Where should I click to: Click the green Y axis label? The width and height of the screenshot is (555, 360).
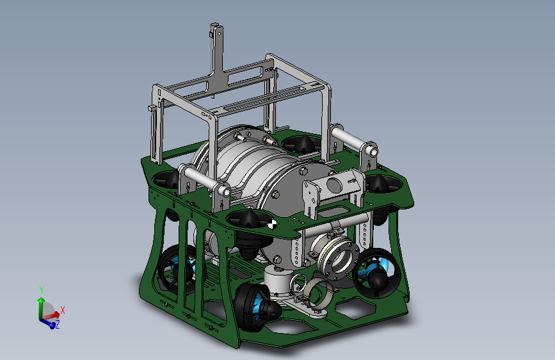coord(42,290)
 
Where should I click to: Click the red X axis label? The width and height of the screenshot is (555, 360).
coord(63,311)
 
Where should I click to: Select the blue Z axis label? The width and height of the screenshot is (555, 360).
coord(58,324)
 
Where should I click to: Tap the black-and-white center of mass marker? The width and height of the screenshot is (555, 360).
coord(272,224)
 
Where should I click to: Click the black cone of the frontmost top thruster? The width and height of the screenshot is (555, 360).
coord(250,218)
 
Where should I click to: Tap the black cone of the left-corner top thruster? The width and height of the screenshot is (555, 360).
coord(172,180)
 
